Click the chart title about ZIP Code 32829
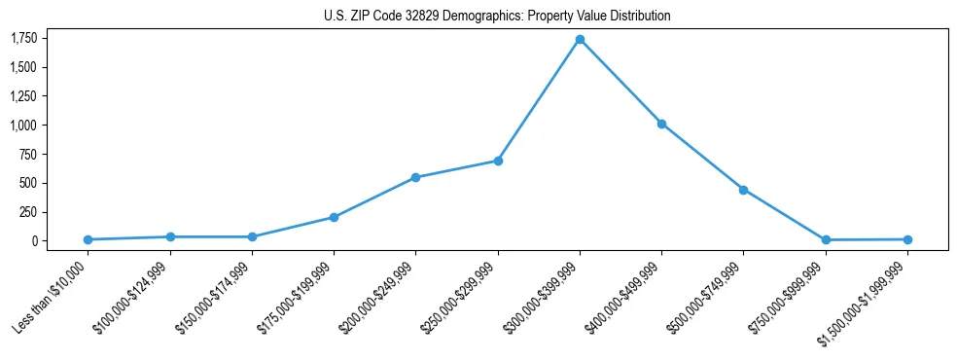tap(497, 17)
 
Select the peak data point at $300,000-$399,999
tap(580, 40)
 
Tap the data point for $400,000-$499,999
tap(661, 124)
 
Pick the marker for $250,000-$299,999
tap(498, 161)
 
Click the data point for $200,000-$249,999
tap(415, 177)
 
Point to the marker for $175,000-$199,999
tap(334, 217)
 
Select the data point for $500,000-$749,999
tap(743, 190)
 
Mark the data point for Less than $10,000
tap(88, 239)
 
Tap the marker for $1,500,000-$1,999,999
tap(907, 239)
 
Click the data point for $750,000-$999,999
tap(826, 239)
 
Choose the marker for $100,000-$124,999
tap(170, 236)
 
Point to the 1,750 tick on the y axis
tap(23, 38)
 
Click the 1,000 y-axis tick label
tap(23, 125)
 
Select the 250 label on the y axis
tap(28, 212)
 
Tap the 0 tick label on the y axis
tap(34, 240)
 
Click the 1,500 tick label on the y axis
tap(23, 67)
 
